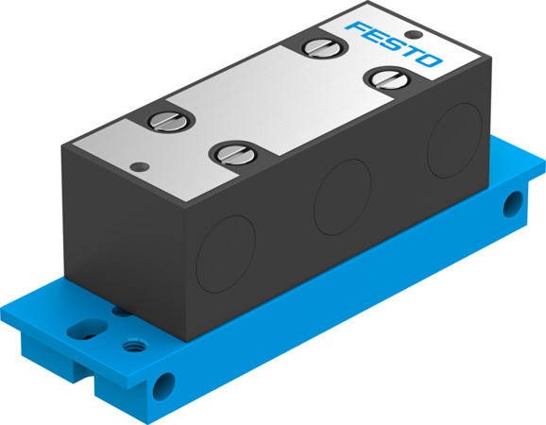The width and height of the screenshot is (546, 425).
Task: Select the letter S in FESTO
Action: click(x=391, y=44)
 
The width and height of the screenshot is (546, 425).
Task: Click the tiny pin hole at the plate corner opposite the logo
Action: click(x=141, y=165)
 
